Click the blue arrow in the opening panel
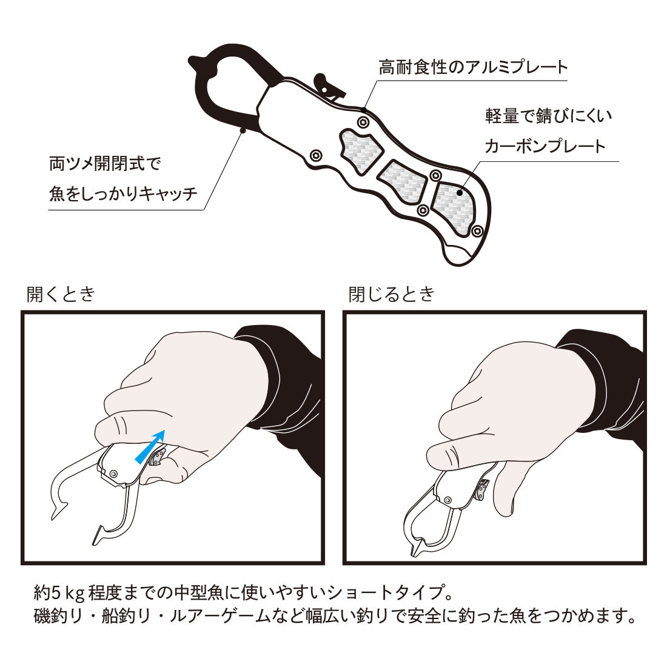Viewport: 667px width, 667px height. pyautogui.click(x=149, y=446)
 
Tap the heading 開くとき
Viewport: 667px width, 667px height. pyautogui.click(x=61, y=294)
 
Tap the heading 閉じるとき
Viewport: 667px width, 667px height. pyautogui.click(x=391, y=294)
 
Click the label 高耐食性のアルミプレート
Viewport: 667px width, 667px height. pyautogui.click(x=473, y=67)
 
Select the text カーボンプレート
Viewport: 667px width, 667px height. pyautogui.click(x=545, y=146)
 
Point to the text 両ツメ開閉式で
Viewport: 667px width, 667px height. pyautogui.click(x=105, y=163)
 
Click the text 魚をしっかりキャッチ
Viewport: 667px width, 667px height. pyautogui.click(x=123, y=193)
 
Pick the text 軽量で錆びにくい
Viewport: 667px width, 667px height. pyautogui.click(x=548, y=116)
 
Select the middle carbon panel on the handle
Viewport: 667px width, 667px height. pyautogui.click(x=403, y=182)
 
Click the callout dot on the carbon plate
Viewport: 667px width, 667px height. pyautogui.click(x=460, y=192)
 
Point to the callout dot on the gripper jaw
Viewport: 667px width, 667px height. pyautogui.click(x=243, y=130)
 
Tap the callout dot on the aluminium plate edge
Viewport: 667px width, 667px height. pyautogui.click(x=364, y=109)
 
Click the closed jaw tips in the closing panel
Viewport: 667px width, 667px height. pyautogui.click(x=415, y=549)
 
